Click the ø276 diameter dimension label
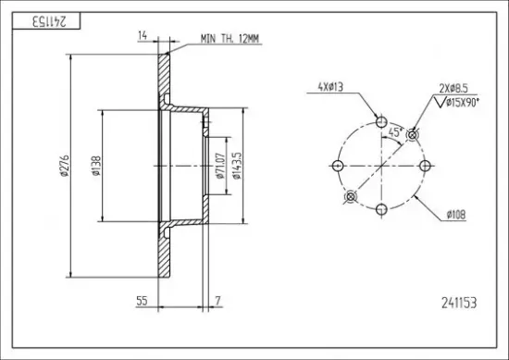point(64,166)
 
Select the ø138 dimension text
point(96,166)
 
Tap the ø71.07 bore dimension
point(219,166)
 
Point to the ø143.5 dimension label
point(236,166)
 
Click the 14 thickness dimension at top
point(143,35)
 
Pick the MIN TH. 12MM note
point(230,39)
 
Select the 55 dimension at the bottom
point(142,301)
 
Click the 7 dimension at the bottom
point(217,301)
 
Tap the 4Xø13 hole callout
point(330,87)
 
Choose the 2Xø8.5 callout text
point(453,88)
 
